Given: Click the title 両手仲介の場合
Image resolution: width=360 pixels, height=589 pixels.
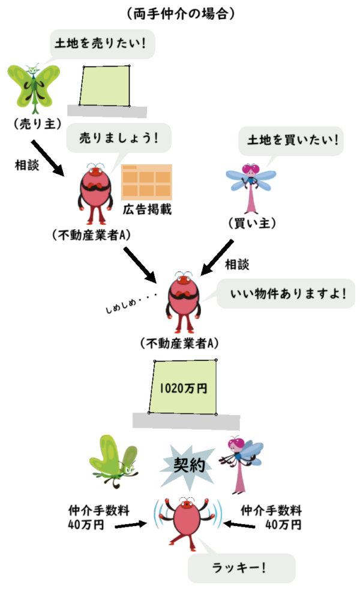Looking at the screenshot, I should pyautogui.click(x=181, y=13).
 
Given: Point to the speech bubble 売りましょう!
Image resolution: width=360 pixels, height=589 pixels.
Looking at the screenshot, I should pyautogui.click(x=118, y=137).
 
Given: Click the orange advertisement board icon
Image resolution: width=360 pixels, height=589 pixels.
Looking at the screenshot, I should pyautogui.click(x=146, y=181).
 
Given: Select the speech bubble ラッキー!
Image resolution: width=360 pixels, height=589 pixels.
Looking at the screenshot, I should pyautogui.click(x=240, y=566).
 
